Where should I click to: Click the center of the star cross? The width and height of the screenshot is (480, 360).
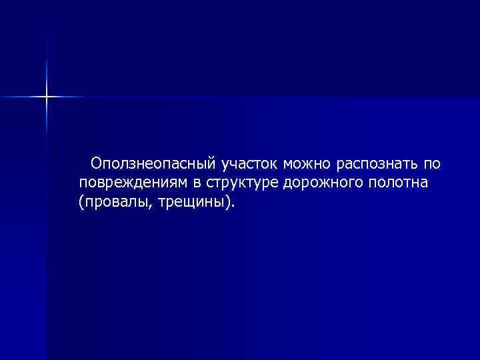[47, 97]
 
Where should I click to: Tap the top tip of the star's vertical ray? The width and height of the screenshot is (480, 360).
[47, 59]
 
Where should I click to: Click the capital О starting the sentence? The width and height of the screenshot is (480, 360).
[97, 163]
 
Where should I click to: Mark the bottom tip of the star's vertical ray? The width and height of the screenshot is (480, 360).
[47, 136]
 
